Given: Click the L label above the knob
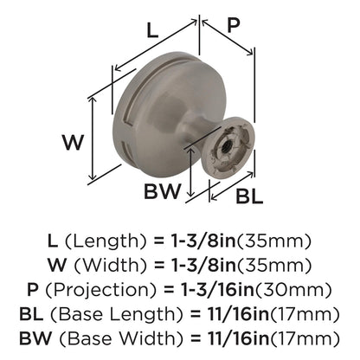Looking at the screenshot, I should tap(152, 32).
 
